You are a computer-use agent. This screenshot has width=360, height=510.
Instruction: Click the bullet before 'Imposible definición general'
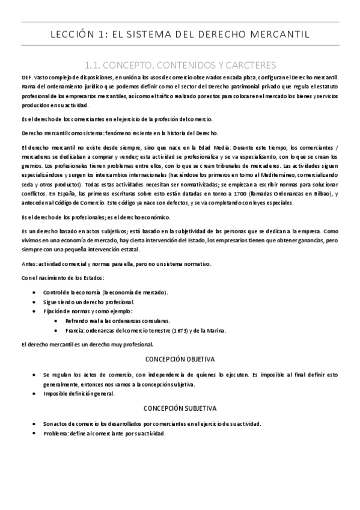click(37, 393)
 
